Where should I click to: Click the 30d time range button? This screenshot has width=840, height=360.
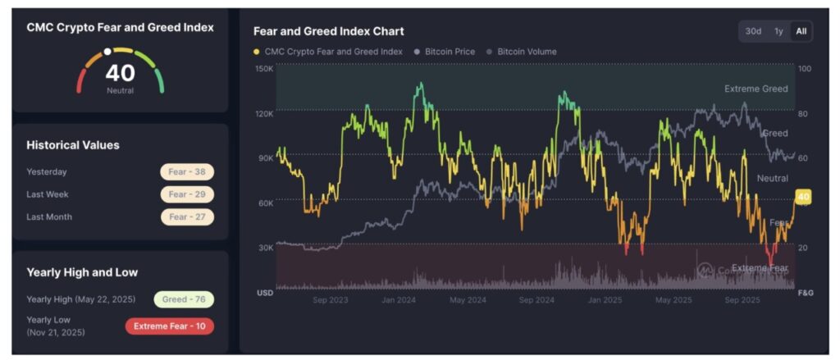point(753,31)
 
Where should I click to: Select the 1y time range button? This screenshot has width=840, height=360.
point(778,31)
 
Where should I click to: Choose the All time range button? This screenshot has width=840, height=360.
point(801,31)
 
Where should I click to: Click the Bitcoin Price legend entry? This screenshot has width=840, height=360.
point(449,52)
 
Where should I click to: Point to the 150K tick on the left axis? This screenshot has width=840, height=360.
point(265,69)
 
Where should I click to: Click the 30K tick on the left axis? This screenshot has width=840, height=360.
point(265,247)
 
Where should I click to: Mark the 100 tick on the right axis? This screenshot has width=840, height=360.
point(805,69)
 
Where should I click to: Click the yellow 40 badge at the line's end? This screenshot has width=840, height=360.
point(803,197)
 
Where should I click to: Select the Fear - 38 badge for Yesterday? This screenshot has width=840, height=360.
point(187,172)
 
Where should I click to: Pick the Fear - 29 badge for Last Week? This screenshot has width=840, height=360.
point(187,194)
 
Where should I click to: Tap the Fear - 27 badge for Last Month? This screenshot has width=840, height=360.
point(187,217)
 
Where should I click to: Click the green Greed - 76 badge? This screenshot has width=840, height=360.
point(184,299)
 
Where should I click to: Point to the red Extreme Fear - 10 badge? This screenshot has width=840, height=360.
point(170,326)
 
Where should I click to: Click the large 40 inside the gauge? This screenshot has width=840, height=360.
point(120,74)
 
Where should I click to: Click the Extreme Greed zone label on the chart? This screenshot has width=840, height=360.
point(756,89)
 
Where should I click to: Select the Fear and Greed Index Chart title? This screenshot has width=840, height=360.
point(328,31)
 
